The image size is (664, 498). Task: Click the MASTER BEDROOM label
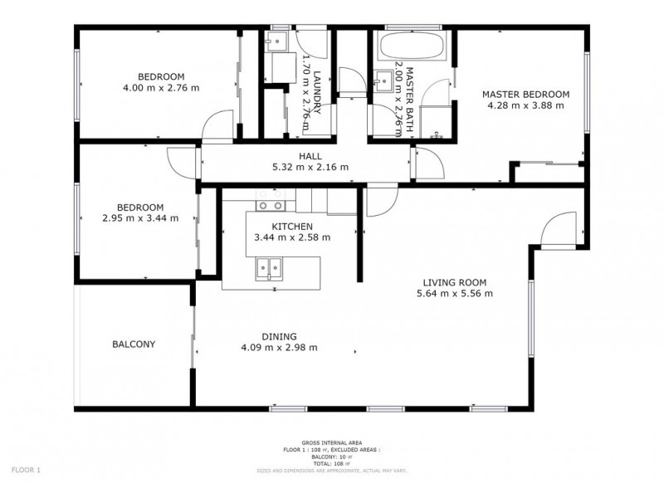point(525,95)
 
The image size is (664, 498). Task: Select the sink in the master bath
point(385,81)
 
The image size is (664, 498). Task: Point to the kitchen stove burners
point(270,205)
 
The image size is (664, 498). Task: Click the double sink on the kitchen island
point(270,267)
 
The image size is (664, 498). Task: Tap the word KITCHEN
point(291,226)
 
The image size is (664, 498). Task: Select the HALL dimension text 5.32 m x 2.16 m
point(310,167)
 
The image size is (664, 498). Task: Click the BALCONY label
point(134,344)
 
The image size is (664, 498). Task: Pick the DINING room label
point(279,336)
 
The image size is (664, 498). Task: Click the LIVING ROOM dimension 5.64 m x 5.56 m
point(455,293)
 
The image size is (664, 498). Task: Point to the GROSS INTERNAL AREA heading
point(332,444)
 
